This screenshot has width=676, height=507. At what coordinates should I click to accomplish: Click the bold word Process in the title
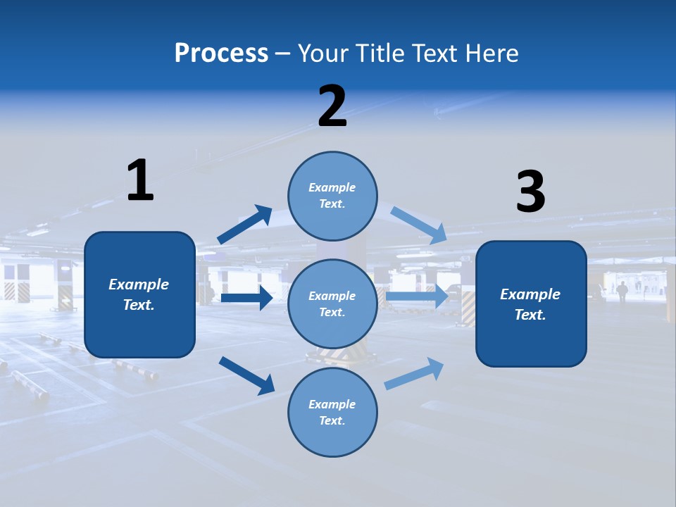pos(221,54)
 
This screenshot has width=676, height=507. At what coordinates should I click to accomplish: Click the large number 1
pos(140,181)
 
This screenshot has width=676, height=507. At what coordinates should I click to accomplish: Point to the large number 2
pos(332,106)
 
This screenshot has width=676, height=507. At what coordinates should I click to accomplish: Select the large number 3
pos(530,192)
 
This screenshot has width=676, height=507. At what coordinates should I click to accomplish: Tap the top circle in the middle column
pos(332,196)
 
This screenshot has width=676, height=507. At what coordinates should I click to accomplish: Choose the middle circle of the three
pos(332,303)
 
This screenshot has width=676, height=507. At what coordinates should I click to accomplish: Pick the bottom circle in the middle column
pos(332,412)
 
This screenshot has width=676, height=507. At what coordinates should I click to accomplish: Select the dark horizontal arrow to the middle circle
pos(246,298)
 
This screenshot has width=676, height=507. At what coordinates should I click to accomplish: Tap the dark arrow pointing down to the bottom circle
pos(246,375)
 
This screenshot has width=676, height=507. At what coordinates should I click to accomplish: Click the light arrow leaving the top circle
pos(418,225)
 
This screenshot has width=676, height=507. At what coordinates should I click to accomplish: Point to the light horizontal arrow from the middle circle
pos(417,297)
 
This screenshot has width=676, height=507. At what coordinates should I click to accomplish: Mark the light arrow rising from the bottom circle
pos(414,373)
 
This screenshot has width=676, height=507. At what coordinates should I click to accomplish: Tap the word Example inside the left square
pos(139,284)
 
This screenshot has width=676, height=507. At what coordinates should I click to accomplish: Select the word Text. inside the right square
pos(530,315)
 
